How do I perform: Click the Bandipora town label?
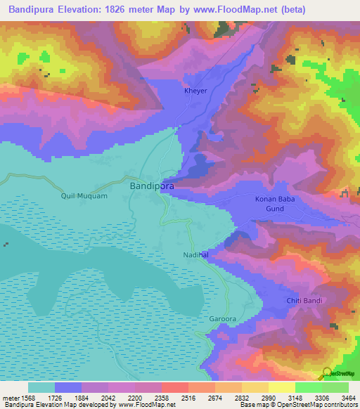(152, 186)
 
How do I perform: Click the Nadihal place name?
(196, 256)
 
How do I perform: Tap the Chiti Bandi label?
(304, 301)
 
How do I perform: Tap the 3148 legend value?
(283, 398)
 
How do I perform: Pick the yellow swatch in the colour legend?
(282, 387)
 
